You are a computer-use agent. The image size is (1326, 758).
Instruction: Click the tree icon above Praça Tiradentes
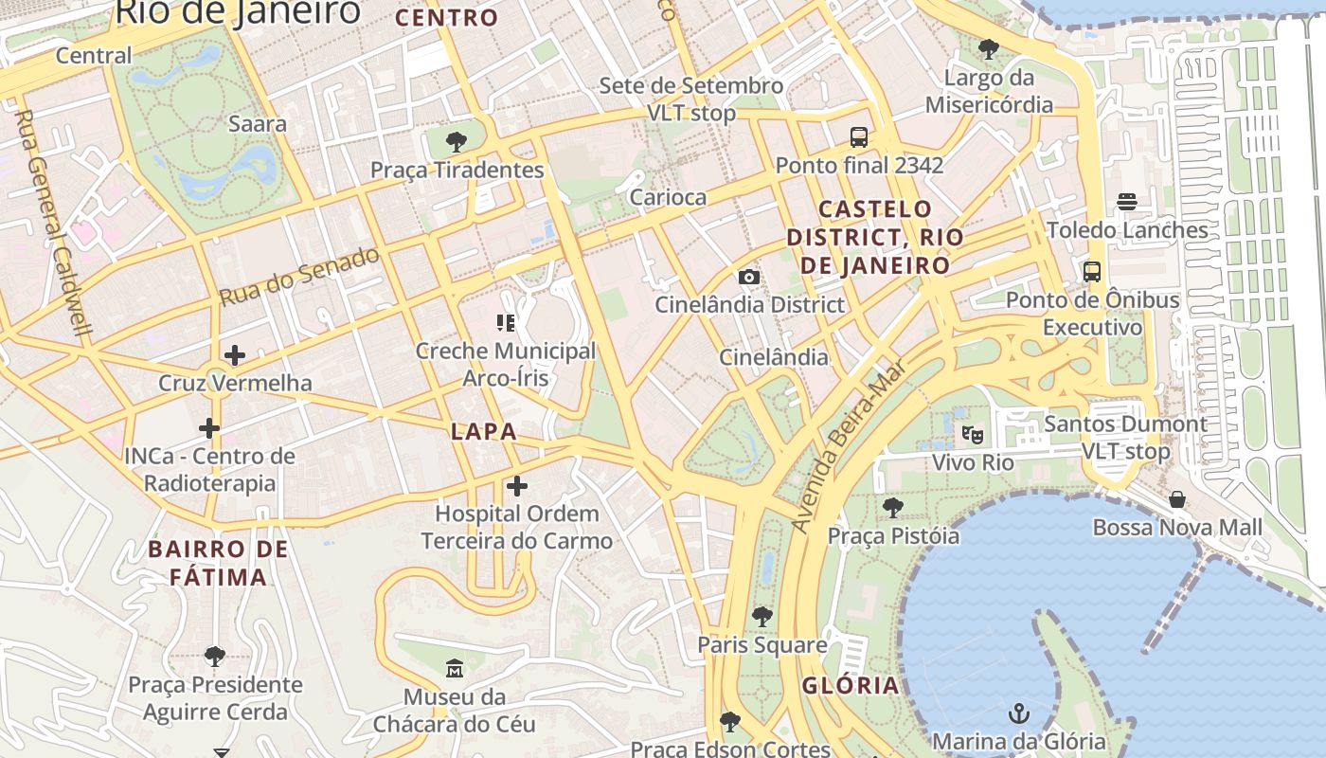(457, 142)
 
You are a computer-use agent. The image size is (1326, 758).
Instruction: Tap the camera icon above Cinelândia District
(749, 277)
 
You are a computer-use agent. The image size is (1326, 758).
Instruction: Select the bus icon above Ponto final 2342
(859, 137)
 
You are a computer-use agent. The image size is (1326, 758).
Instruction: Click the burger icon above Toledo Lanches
(1127, 202)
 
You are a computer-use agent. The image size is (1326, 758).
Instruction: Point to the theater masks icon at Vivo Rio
(972, 435)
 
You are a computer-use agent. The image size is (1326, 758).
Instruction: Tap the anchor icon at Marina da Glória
(1019, 713)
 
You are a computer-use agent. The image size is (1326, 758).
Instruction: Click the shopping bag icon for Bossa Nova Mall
(1177, 499)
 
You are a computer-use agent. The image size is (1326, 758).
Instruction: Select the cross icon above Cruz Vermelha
(235, 355)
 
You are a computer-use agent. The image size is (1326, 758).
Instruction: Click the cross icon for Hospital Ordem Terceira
(516, 486)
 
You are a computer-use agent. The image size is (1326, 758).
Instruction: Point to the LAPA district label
(484, 432)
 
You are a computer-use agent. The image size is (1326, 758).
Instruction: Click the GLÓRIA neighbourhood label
(851, 686)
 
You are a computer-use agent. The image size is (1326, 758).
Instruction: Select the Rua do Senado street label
(299, 276)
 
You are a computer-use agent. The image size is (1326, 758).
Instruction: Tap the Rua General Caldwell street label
(54, 224)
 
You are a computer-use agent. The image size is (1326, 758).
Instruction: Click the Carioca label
(668, 197)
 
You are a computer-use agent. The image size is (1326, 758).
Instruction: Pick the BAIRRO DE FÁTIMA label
(219, 563)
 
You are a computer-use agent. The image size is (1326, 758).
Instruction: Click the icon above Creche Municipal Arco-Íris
(506, 323)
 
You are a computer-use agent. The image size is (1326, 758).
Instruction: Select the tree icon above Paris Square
(762, 617)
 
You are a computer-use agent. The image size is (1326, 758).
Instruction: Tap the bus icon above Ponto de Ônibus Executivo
(1092, 272)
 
